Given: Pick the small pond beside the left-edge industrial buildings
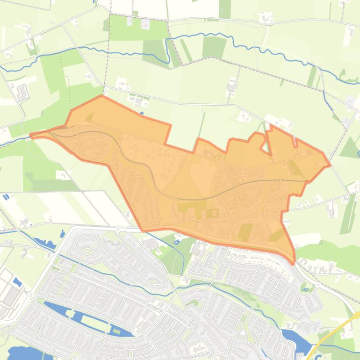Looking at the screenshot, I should tap(18, 282).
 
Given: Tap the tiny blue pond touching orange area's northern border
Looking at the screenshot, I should tap(142, 113).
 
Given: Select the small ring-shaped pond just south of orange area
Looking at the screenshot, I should tap(176, 242).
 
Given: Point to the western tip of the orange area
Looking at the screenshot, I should tap(31, 136).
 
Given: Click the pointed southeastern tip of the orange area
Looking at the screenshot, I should tap(294, 263).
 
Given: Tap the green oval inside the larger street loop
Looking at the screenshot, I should tap(88, 249).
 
